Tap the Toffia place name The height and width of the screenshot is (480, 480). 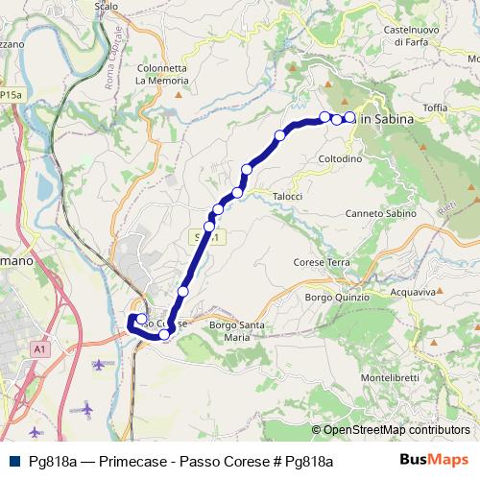[435, 109]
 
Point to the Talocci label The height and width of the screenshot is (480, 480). [287, 196]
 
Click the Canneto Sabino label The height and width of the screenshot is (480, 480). [377, 213]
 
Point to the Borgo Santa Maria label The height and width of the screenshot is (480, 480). [236, 331]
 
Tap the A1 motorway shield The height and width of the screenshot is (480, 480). [38, 349]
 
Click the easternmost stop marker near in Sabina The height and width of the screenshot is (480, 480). [350, 118]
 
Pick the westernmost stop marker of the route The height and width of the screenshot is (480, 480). [141, 320]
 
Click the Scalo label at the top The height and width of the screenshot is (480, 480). [107, 6]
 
